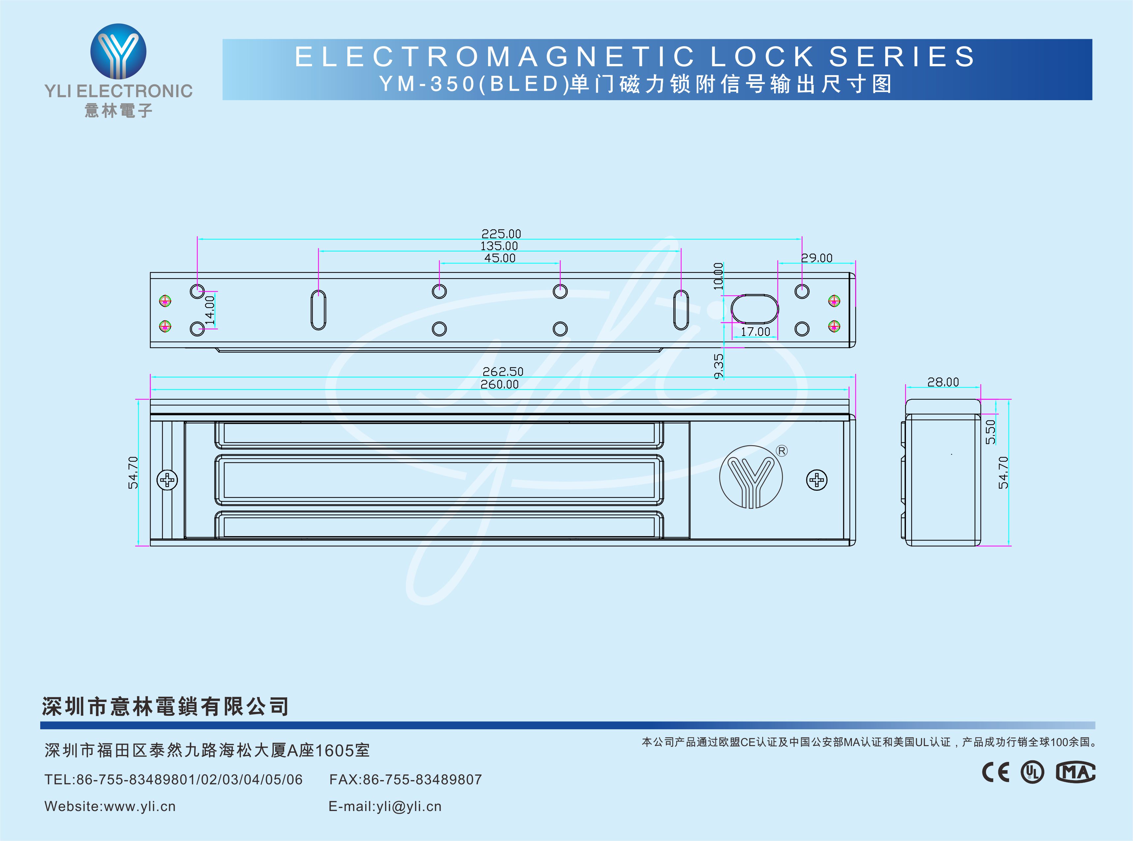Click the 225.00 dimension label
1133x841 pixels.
point(501,234)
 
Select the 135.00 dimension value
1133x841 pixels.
point(499,246)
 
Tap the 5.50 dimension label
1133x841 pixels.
point(990,432)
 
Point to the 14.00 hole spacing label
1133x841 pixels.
point(210,310)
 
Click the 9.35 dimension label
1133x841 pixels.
point(718,366)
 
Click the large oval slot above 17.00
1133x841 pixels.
point(754,308)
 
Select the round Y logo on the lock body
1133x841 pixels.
point(751,477)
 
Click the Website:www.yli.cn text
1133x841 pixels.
point(110,806)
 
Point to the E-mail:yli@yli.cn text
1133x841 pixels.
point(385,806)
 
